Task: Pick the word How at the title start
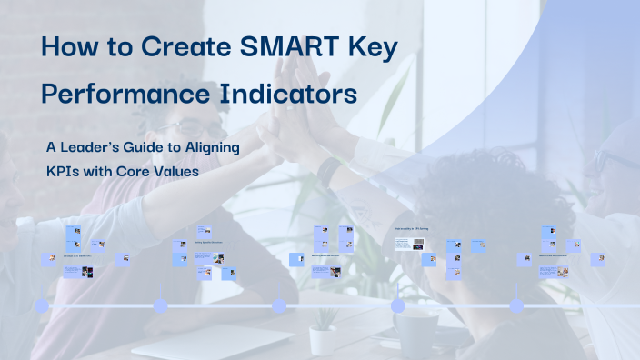(x=73, y=48)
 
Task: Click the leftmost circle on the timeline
(x=41, y=306)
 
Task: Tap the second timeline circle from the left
(x=160, y=306)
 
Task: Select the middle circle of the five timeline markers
(x=279, y=306)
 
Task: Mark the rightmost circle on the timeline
(x=516, y=306)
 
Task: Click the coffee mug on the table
(x=414, y=332)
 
